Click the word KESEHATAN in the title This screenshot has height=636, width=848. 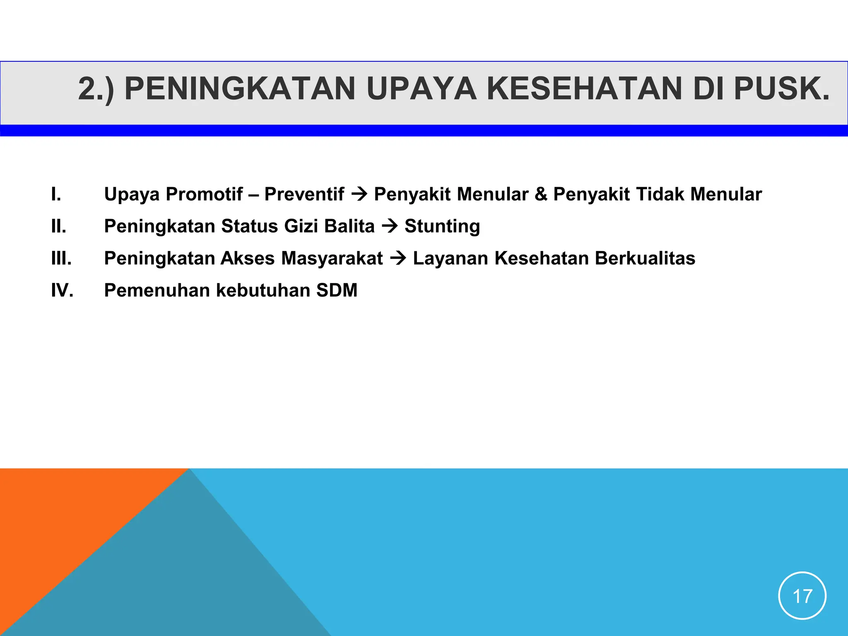click(x=584, y=89)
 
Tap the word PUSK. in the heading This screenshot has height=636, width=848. click(x=782, y=89)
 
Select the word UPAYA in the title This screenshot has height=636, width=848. click(x=421, y=89)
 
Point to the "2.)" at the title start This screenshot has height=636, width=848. click(x=96, y=89)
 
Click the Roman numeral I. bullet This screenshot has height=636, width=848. click(x=56, y=194)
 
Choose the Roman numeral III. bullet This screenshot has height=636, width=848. click(x=61, y=258)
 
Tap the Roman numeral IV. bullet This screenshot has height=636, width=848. click(x=62, y=290)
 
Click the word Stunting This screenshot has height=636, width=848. click(x=442, y=226)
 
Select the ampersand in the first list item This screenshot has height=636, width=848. click(x=541, y=194)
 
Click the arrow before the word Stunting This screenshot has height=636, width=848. click(x=390, y=226)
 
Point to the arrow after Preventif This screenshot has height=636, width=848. click(x=359, y=194)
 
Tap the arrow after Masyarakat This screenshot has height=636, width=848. click(x=398, y=258)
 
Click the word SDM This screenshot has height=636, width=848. click(x=337, y=290)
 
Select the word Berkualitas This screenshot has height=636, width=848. click(x=645, y=258)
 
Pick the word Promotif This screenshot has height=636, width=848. click(x=204, y=194)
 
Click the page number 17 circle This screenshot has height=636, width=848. click(x=802, y=596)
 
